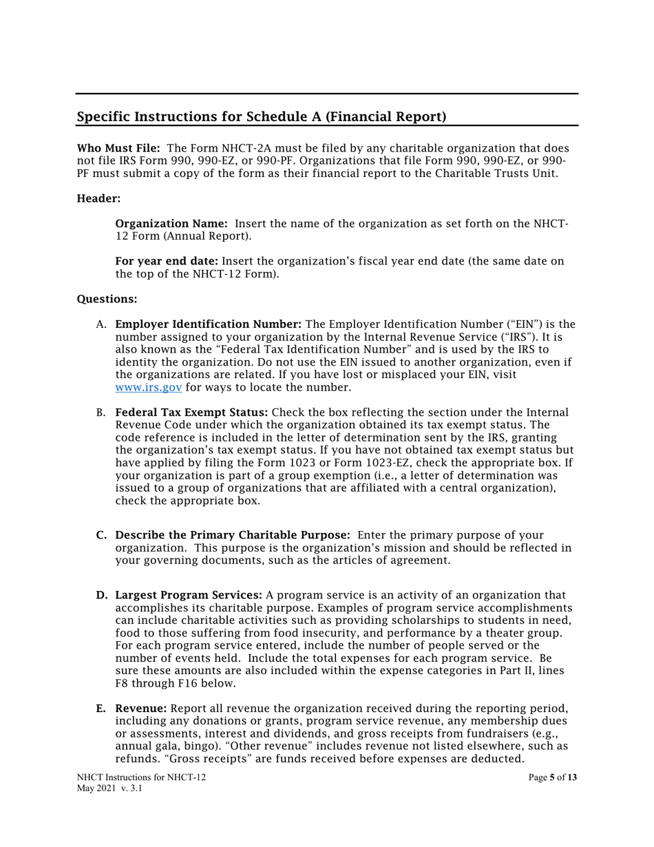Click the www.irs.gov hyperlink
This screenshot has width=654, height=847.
pyautogui.click(x=148, y=387)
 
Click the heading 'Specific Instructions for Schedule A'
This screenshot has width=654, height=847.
pyautogui.click(x=261, y=116)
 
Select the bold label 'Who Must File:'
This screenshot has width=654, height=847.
pyautogui.click(x=118, y=148)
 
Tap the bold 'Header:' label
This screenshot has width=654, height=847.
pyautogui.click(x=98, y=198)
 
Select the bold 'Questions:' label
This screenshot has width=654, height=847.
pyautogui.click(x=107, y=299)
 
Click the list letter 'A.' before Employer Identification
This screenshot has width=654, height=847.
pyautogui.click(x=102, y=324)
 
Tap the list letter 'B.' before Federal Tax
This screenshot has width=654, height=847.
pyautogui.click(x=101, y=412)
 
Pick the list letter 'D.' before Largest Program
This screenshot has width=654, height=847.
pyautogui.click(x=101, y=595)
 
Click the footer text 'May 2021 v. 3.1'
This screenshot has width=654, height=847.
pyautogui.click(x=109, y=789)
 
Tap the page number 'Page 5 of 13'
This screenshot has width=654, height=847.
pyautogui.click(x=553, y=777)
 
